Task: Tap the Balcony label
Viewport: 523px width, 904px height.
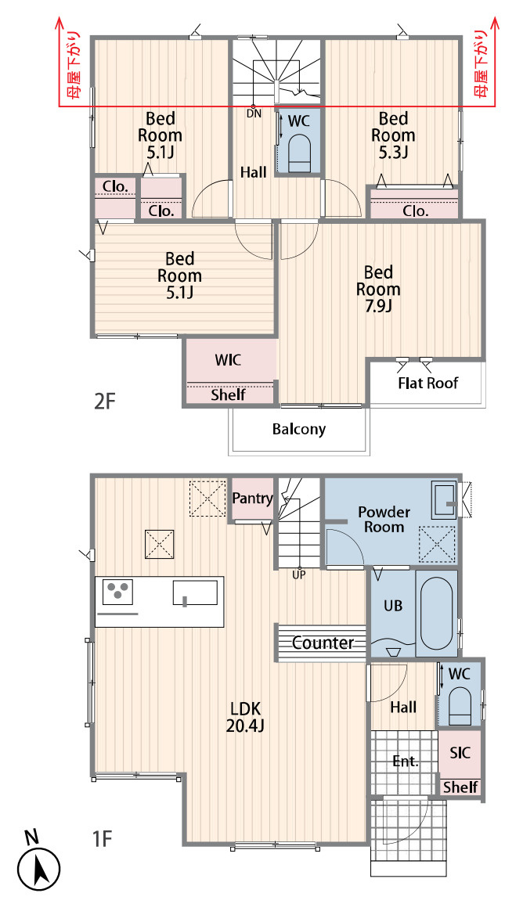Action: (299, 429)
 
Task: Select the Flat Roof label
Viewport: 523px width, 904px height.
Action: (427, 383)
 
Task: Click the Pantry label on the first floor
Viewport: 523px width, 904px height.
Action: (252, 499)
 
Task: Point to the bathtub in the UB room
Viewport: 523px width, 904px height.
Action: (436, 613)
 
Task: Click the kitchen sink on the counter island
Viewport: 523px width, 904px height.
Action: (195, 592)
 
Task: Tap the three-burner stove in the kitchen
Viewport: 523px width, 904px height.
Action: (117, 592)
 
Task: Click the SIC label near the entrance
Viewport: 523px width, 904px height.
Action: (460, 752)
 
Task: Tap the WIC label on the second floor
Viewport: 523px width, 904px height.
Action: (228, 360)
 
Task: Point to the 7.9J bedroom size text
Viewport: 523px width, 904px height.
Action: (378, 305)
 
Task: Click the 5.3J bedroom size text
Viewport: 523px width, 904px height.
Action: (394, 152)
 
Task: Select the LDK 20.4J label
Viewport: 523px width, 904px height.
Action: (245, 717)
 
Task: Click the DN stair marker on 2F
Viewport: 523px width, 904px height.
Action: (254, 113)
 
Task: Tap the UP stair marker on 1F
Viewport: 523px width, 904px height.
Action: (299, 574)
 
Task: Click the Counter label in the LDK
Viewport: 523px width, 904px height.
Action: (323, 643)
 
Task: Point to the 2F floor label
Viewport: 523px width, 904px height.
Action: (105, 401)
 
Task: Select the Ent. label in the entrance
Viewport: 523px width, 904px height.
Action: (406, 761)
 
